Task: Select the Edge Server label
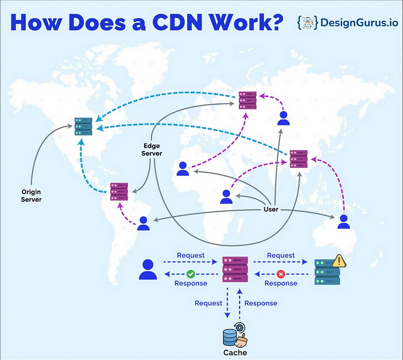coord(153,150)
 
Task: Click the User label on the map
coord(271,210)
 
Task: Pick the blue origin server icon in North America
coord(83,126)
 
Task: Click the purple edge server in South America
coord(119,191)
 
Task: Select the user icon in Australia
coord(344,222)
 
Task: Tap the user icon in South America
coord(143,223)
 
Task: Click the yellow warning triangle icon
coord(339,261)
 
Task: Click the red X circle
coord(281,274)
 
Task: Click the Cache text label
coord(235,352)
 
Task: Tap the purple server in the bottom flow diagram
coord(235,270)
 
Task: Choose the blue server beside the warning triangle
coord(327,272)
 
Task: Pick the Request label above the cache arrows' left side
coord(208,303)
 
